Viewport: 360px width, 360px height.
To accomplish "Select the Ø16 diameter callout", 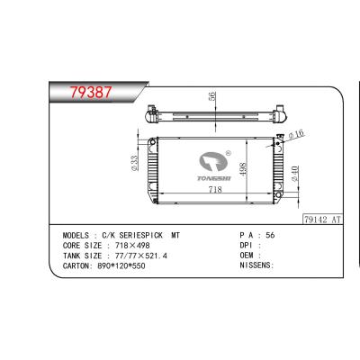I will pos(295,135).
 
